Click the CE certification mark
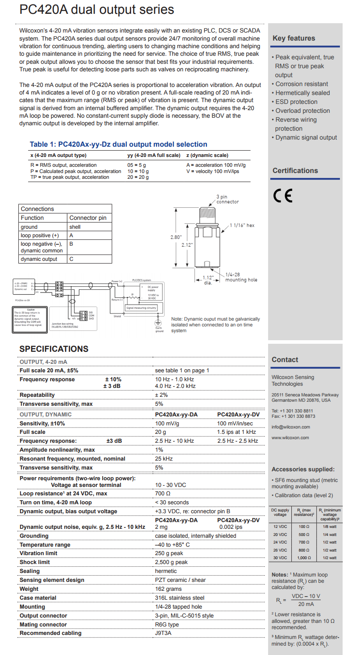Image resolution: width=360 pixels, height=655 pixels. [282, 196]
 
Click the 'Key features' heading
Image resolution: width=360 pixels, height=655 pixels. [294, 38]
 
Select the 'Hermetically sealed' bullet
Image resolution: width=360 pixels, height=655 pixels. [302, 93]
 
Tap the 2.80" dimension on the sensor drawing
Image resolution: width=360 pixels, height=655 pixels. [176, 237]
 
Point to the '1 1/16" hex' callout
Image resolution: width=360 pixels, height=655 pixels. [242, 225]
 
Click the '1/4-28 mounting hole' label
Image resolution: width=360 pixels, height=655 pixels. [241, 277]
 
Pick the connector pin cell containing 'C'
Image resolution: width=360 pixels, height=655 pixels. [71, 259]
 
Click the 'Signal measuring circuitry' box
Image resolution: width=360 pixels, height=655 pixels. [141, 308]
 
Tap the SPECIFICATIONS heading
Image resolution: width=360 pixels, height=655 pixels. [54, 349]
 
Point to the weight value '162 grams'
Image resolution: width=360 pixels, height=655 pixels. [168, 589]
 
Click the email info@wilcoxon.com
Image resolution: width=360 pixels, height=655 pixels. [290, 427]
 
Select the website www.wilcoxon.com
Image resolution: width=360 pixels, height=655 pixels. [290, 437]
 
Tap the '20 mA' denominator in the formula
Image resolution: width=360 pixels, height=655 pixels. [306, 604]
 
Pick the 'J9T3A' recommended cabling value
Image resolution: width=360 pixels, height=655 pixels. [163, 633]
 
